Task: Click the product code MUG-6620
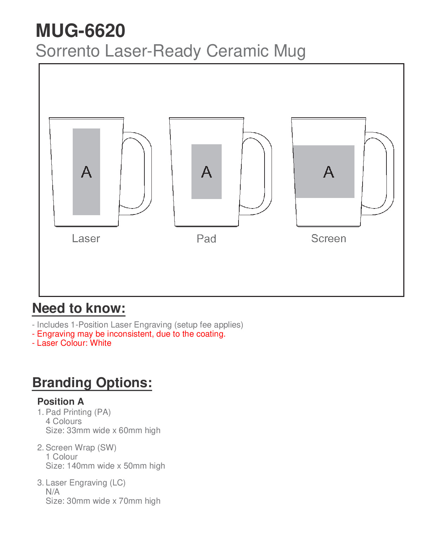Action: click(x=80, y=31)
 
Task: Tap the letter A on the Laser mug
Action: click(x=86, y=172)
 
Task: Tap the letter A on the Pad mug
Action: click(x=207, y=172)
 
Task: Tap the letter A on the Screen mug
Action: click(x=328, y=172)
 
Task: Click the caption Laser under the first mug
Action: click(x=86, y=239)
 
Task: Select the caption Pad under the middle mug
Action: click(x=206, y=239)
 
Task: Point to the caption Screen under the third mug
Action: click(x=328, y=239)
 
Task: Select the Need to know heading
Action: click(x=79, y=308)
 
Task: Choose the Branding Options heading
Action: click(x=92, y=383)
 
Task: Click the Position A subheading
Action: click(x=60, y=402)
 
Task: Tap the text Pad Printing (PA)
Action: click(x=78, y=412)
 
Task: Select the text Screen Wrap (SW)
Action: click(x=81, y=448)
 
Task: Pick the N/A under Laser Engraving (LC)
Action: click(x=53, y=492)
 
